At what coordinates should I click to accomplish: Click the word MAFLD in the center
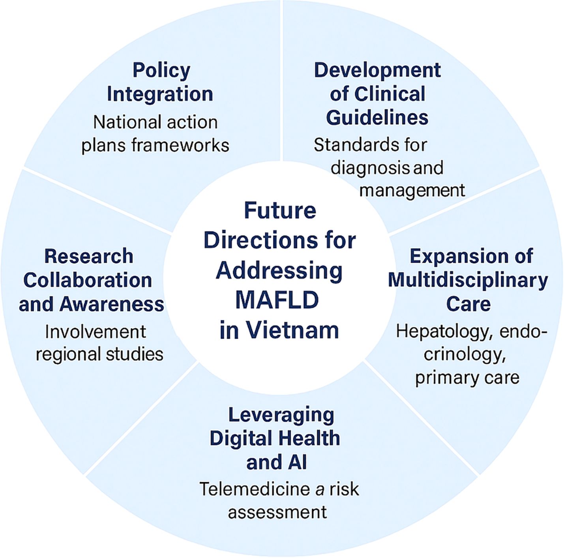click(x=277, y=300)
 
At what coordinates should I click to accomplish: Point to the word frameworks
click(x=180, y=146)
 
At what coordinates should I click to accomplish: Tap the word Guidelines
click(x=377, y=118)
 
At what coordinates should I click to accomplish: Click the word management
click(x=412, y=191)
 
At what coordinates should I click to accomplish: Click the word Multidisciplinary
click(x=468, y=281)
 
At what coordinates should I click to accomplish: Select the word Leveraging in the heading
click(x=281, y=415)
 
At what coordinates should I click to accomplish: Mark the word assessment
click(x=277, y=512)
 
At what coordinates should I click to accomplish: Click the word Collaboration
click(x=88, y=281)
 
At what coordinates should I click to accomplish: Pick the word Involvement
click(x=96, y=331)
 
